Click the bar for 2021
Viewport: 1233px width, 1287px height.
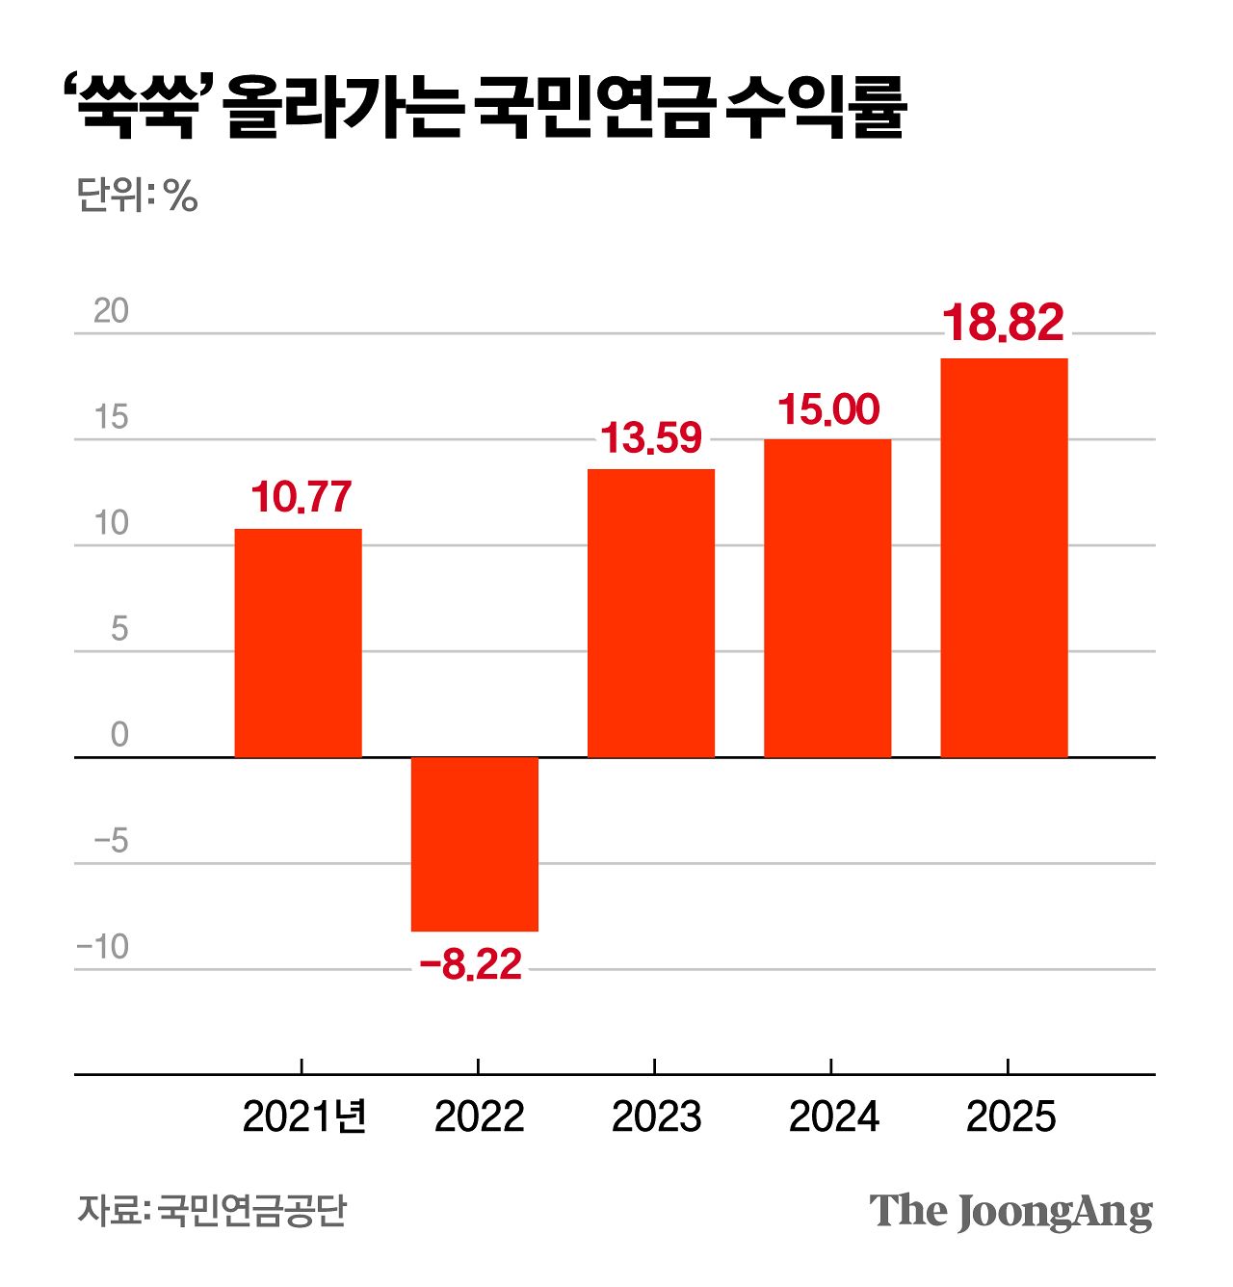click(x=299, y=643)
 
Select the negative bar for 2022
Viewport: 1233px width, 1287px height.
click(x=475, y=844)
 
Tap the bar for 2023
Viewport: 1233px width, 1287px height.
click(x=651, y=613)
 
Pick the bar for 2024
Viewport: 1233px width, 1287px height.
click(x=827, y=597)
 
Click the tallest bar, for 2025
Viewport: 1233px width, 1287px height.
click(x=1004, y=557)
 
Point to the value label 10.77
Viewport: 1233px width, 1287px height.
click(x=301, y=497)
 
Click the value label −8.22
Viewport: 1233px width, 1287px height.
click(x=471, y=963)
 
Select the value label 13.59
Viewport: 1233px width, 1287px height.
click(x=651, y=438)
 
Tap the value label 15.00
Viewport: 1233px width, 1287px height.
click(x=828, y=409)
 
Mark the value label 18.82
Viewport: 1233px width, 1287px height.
click(x=1003, y=323)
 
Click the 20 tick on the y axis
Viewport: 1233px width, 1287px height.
click(x=111, y=311)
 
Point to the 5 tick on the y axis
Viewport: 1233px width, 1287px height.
click(x=119, y=629)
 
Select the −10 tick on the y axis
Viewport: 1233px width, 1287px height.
click(x=103, y=947)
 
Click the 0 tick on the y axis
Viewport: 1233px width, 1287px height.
click(x=119, y=735)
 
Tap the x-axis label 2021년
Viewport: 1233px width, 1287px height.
click(x=304, y=1117)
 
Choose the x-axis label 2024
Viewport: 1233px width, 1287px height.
click(x=833, y=1117)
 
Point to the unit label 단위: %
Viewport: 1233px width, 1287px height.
click(x=137, y=196)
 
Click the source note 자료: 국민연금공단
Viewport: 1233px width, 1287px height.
click(x=212, y=1210)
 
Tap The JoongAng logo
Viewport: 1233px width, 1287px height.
click(x=1010, y=1211)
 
